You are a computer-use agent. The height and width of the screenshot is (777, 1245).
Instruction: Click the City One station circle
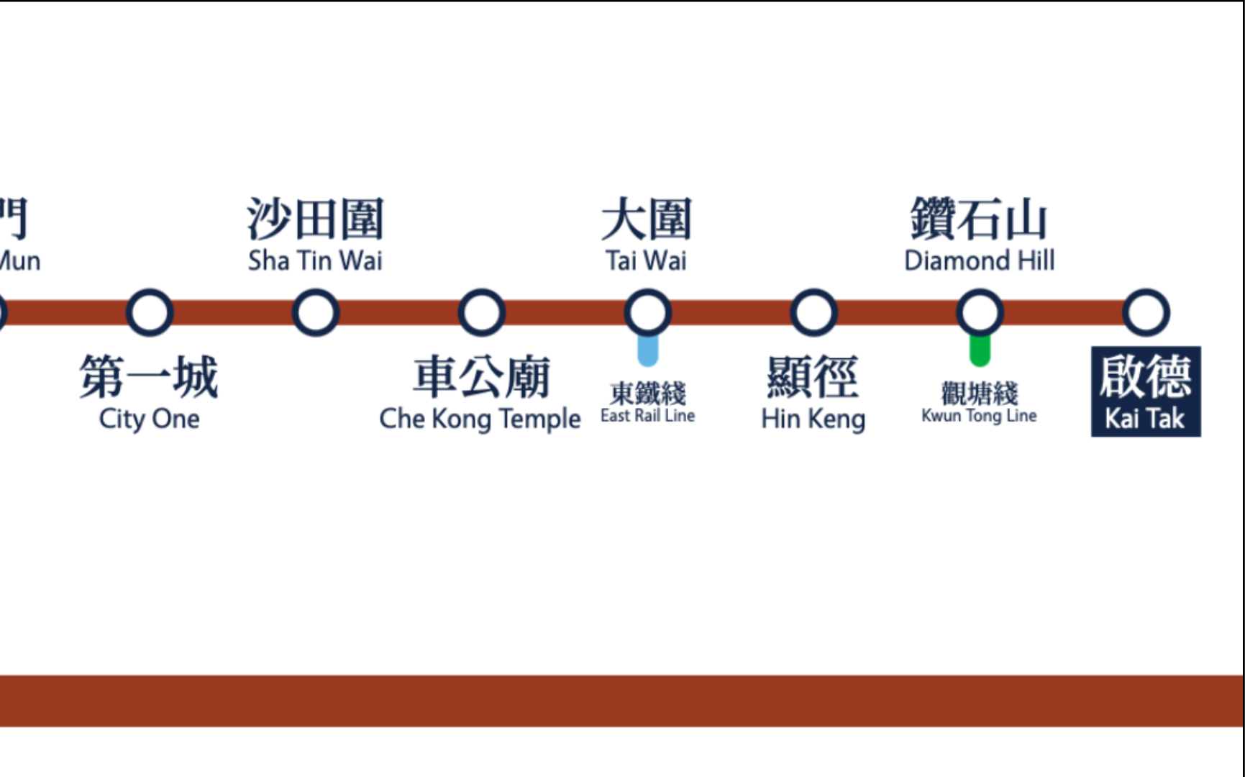pyautogui.click(x=150, y=313)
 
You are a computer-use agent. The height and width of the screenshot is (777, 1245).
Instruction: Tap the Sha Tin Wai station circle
pyautogui.click(x=316, y=313)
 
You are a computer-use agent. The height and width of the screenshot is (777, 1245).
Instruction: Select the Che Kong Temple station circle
pyautogui.click(x=482, y=313)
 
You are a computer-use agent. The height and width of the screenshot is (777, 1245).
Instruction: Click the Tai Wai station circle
pyautogui.click(x=648, y=313)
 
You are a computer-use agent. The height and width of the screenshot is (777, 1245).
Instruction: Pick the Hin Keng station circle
pyautogui.click(x=813, y=313)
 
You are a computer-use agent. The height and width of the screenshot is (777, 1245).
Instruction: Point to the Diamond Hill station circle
pyautogui.click(x=980, y=313)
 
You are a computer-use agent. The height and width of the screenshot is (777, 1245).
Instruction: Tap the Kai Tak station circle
pyautogui.click(x=1146, y=313)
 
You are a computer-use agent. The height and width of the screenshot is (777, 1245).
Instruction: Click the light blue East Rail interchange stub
pyautogui.click(x=648, y=351)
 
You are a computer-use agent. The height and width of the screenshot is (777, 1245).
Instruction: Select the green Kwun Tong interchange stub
pyautogui.click(x=980, y=351)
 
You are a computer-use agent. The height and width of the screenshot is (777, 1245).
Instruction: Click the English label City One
pyautogui.click(x=150, y=419)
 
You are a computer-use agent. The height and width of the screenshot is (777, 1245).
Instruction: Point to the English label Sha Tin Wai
pyautogui.click(x=315, y=260)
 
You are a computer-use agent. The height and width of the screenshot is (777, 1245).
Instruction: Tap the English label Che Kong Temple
pyautogui.click(x=480, y=419)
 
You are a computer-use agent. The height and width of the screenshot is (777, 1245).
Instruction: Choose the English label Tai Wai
pyautogui.click(x=646, y=260)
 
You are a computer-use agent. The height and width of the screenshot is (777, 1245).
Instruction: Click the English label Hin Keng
pyautogui.click(x=813, y=419)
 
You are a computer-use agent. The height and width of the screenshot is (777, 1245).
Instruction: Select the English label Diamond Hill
pyautogui.click(x=980, y=260)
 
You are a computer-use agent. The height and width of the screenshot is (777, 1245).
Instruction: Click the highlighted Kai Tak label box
pyautogui.click(x=1146, y=392)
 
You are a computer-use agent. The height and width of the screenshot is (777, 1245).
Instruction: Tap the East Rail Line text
pyautogui.click(x=647, y=416)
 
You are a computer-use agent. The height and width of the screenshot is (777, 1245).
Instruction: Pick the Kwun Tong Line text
pyautogui.click(x=979, y=416)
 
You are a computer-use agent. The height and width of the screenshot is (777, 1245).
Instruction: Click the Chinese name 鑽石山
pyautogui.click(x=979, y=219)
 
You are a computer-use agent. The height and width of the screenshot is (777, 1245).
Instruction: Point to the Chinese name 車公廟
pyautogui.click(x=481, y=377)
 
